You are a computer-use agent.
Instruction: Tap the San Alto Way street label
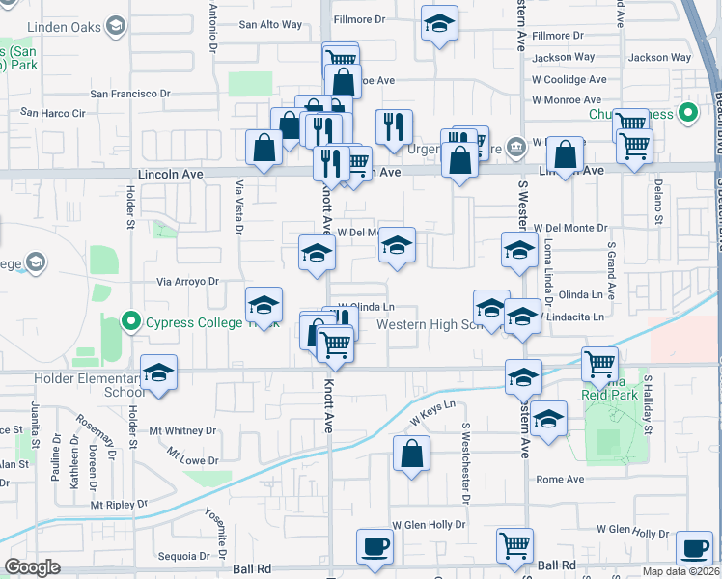point(270,25)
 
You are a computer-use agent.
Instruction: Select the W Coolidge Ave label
point(569,79)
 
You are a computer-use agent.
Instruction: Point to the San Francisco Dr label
point(130,94)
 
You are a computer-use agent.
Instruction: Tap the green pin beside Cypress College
point(132,321)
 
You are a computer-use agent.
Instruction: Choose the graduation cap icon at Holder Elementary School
point(159,373)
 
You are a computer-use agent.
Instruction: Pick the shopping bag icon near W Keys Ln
point(411,455)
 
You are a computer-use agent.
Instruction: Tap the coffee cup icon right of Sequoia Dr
point(375,546)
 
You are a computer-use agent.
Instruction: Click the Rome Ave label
point(561,479)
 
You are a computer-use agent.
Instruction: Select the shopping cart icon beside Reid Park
point(599,365)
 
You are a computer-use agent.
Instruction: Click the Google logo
point(33,567)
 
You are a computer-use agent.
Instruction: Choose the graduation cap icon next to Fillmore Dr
point(439,23)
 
